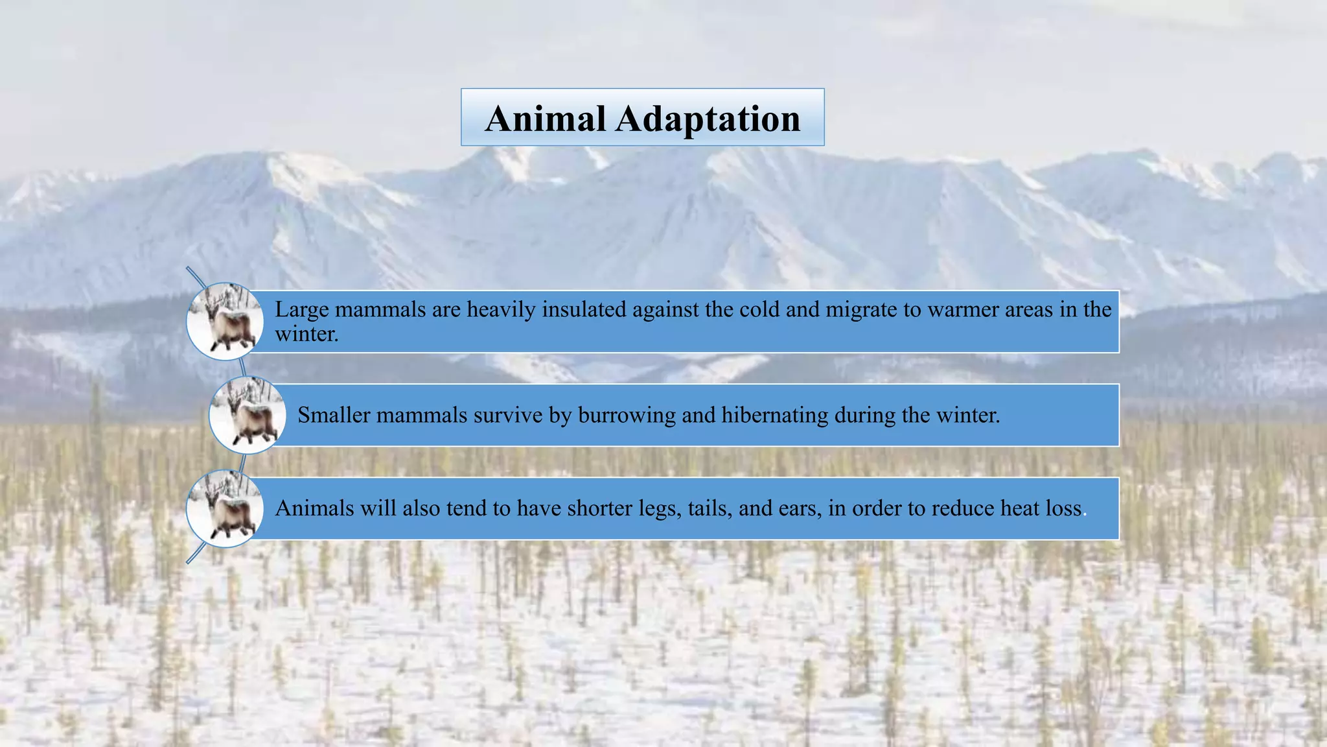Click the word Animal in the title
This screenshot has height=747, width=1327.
545,119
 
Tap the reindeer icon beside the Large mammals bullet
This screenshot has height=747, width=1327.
225,322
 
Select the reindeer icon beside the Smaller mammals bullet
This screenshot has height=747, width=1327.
248,415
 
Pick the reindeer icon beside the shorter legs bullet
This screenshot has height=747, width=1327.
225,508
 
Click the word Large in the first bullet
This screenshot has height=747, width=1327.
302,309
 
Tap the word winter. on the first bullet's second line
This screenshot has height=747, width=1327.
306,335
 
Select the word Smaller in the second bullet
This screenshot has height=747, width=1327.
334,415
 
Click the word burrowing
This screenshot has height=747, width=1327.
627,416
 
